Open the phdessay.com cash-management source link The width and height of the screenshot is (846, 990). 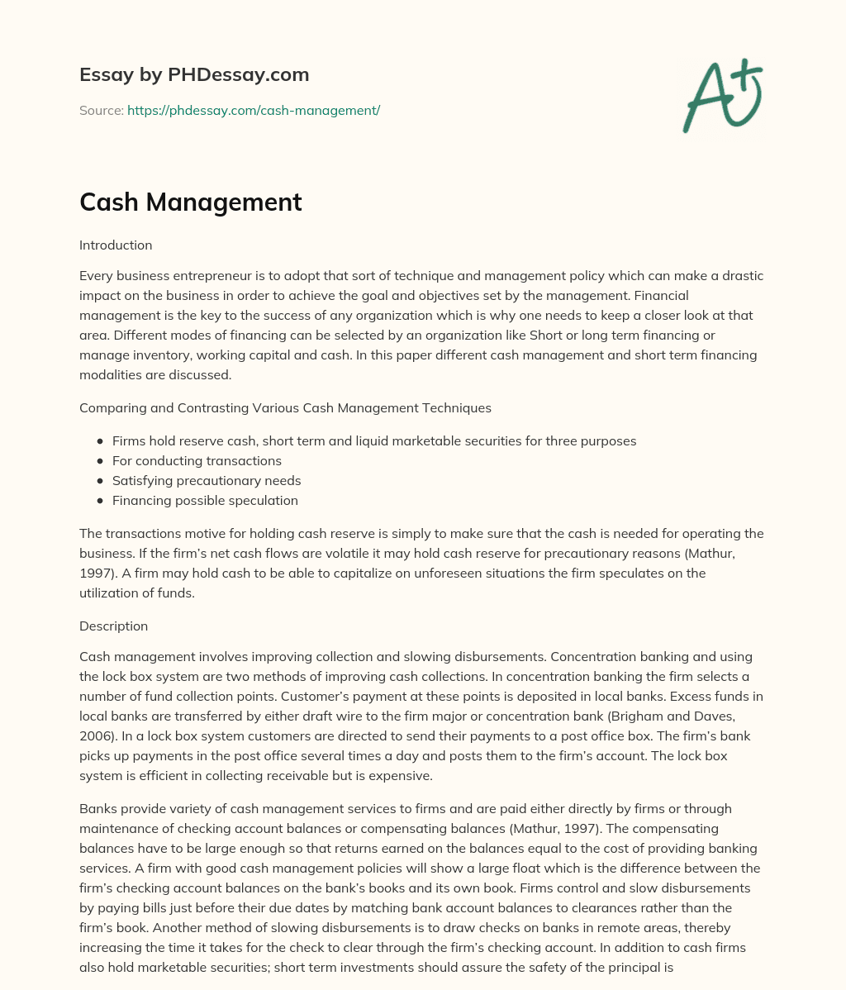253,110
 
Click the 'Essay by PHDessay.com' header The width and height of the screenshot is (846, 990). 194,74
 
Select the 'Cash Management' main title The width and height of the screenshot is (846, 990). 190,202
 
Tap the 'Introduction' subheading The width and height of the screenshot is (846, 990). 116,245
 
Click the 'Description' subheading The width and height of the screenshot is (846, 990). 113,626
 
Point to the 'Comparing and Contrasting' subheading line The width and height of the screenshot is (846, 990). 285,408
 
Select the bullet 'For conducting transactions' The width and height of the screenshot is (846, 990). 197,461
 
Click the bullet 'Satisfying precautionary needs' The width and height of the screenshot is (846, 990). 207,481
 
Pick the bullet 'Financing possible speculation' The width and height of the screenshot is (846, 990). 205,501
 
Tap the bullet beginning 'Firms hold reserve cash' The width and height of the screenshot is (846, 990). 373,441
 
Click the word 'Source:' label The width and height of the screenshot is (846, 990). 101,110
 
